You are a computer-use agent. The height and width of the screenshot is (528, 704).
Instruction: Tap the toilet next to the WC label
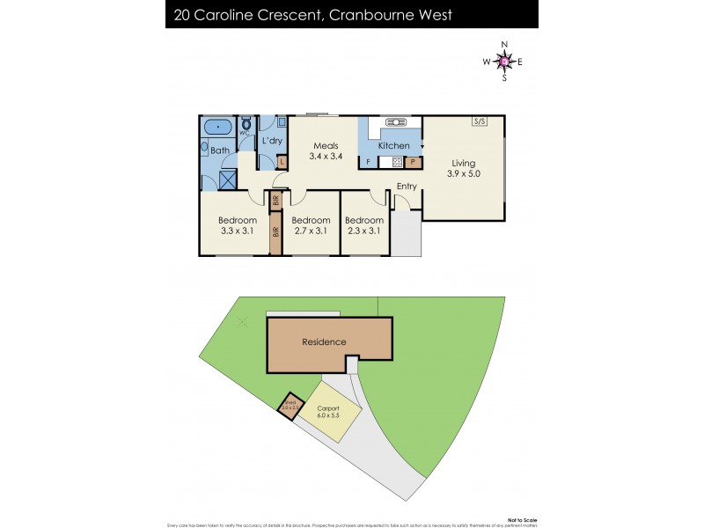tap(246, 125)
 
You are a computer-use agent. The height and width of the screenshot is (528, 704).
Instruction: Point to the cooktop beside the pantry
tap(396, 162)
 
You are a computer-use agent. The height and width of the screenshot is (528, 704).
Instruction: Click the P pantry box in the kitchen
tap(413, 162)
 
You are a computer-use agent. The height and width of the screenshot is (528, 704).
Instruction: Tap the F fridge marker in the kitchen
tap(368, 163)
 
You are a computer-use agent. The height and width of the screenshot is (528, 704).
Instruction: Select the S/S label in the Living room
tap(480, 121)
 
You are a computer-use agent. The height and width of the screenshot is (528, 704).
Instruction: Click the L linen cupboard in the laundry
tap(282, 162)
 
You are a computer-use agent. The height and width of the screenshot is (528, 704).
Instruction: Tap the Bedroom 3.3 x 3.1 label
tap(238, 225)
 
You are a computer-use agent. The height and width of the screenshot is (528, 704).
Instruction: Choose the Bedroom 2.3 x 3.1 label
tap(364, 225)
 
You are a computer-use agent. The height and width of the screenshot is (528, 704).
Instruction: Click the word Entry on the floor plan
tap(407, 186)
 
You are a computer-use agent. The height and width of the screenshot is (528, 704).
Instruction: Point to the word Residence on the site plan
tap(324, 341)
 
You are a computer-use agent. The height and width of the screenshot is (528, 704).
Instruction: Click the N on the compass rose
tap(504, 43)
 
